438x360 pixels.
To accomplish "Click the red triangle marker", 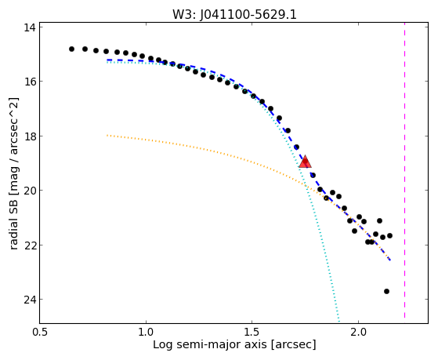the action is click(x=305, y=162).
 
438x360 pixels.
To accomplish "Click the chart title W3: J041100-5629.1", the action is click(x=234, y=15).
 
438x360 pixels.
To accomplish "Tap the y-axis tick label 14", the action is click(x=29, y=27).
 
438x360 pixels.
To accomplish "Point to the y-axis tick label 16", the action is click(x=29, y=82).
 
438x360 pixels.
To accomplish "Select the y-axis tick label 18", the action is click(x=29, y=136).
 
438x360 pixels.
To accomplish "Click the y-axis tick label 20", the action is click(x=29, y=191).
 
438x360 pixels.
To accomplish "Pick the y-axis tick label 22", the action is click(x=29, y=245).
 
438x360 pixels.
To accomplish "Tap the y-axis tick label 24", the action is click(x=29, y=300).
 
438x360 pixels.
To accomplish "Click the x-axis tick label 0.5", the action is click(x=40, y=333).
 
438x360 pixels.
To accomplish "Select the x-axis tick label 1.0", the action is click(x=146, y=333).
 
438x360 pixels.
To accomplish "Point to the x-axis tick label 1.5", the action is click(x=252, y=333).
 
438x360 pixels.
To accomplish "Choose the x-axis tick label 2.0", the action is click(x=358, y=333).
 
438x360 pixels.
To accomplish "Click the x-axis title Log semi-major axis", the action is click(x=210, y=345).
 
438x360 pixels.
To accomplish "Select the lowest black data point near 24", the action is click(x=386, y=292).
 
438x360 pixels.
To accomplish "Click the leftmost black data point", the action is click(x=71, y=49).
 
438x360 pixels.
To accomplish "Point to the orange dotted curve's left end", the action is click(x=107, y=136).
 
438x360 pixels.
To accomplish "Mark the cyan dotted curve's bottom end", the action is click(x=338, y=321).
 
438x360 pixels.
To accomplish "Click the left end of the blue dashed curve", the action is click(x=107, y=60).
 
